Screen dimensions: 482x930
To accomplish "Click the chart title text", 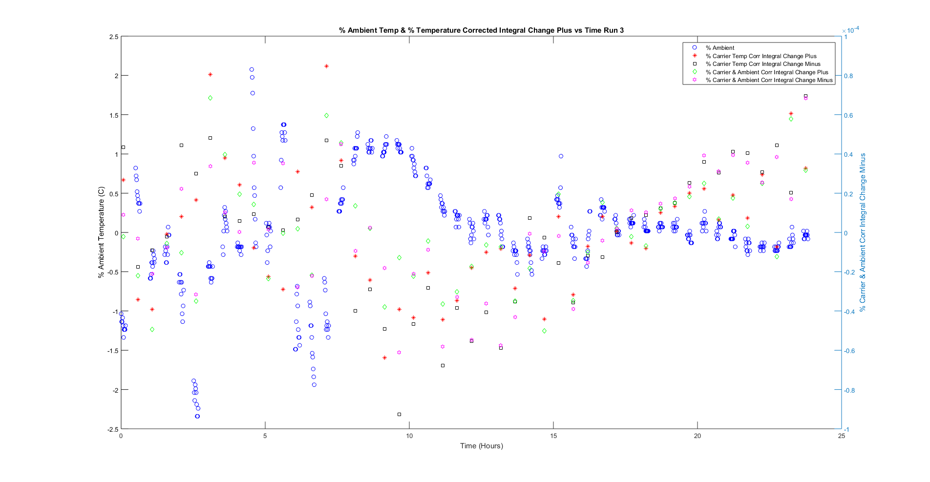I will coord(481,30).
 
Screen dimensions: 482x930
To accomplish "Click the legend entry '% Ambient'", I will coord(719,48).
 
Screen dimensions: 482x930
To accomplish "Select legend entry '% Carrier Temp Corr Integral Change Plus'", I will coord(761,56).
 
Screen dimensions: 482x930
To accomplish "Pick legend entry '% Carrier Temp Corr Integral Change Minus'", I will coord(762,64).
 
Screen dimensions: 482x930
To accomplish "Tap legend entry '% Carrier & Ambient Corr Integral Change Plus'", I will coord(766,72).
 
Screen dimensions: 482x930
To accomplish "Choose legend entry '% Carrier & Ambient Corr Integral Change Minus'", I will coord(769,80).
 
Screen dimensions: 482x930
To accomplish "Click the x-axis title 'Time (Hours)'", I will coord(481,445).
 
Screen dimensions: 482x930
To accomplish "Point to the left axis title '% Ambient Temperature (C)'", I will coord(101,232).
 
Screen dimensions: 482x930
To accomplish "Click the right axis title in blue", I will coord(863,232).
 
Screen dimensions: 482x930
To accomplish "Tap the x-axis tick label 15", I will coord(553,436).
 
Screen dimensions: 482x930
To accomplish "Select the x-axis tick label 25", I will coord(841,436).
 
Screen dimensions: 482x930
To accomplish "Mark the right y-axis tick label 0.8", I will coord(848,76).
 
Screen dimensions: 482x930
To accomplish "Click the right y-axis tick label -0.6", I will coord(849,351).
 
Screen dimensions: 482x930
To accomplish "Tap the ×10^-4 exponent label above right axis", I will coord(850,30).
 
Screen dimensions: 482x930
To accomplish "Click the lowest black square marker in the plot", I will coord(399,414).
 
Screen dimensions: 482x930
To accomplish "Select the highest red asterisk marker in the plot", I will coord(326,66).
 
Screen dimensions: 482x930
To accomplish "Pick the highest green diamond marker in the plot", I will coord(210,98).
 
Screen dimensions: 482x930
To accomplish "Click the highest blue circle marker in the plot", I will coord(252,69).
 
